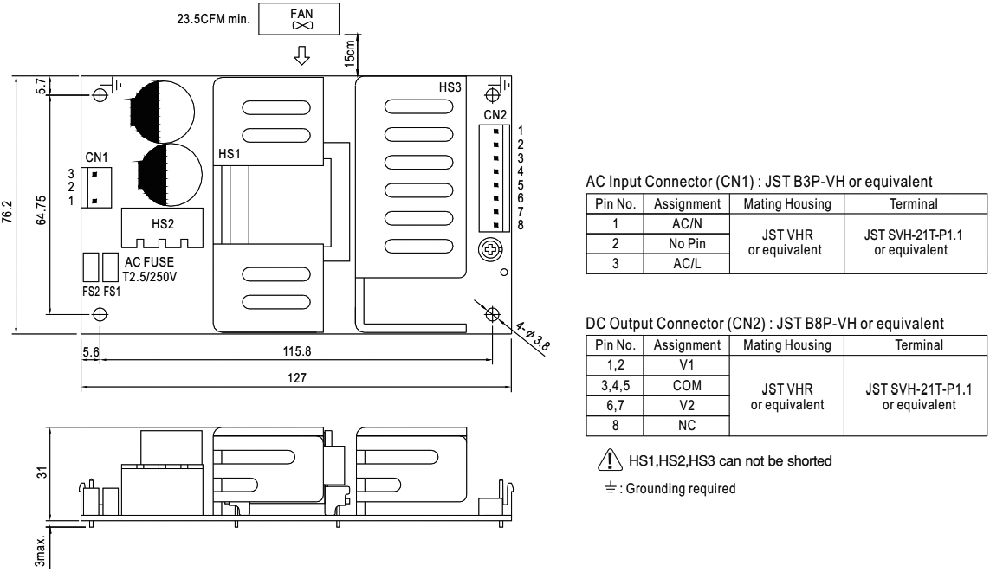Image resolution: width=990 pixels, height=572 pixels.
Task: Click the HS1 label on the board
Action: [x=230, y=153]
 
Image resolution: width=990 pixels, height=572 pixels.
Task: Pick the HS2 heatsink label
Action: [x=163, y=223]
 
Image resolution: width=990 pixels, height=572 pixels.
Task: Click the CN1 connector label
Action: [x=97, y=157]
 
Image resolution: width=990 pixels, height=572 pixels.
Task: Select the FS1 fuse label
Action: [x=112, y=292]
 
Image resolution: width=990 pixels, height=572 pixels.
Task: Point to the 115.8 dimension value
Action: [x=296, y=352]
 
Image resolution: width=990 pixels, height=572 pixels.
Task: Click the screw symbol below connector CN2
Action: [x=491, y=251]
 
